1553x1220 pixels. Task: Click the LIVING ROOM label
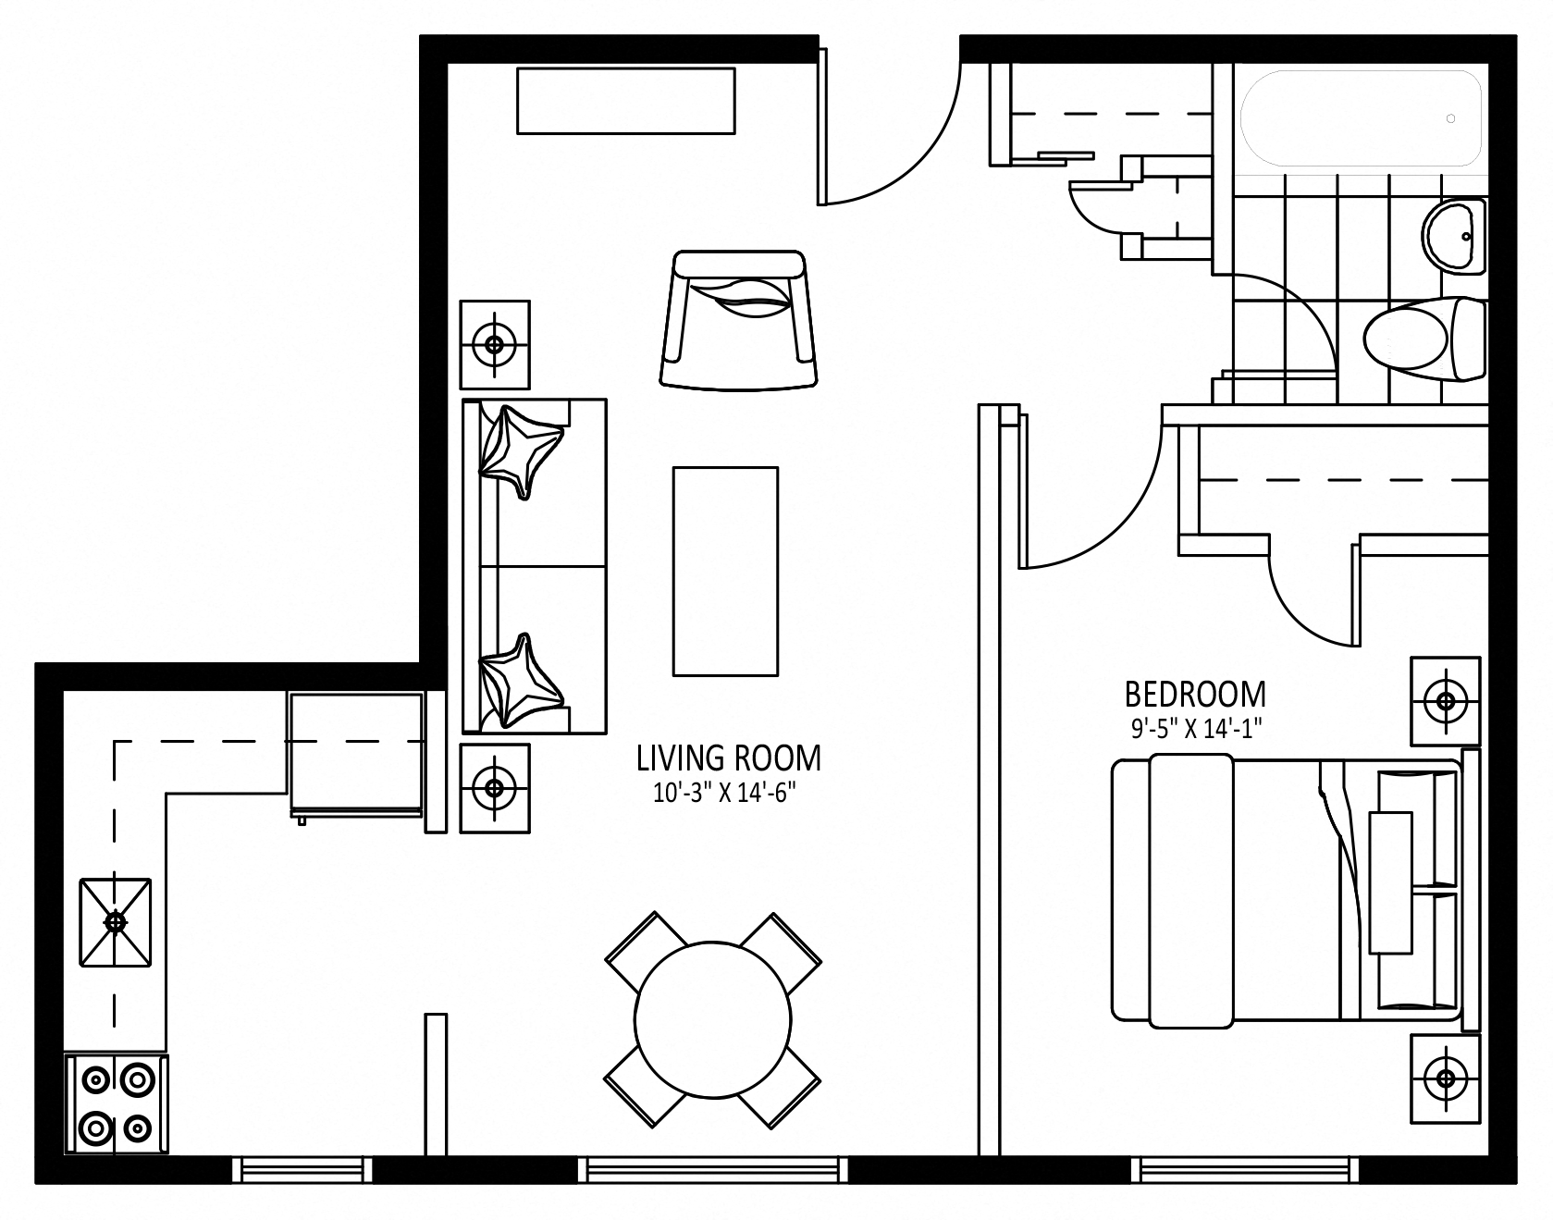(728, 758)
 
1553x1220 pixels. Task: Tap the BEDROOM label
(1195, 694)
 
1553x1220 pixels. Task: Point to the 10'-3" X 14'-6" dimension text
(724, 794)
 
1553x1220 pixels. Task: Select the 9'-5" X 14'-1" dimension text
(1196, 729)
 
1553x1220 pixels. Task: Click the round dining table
(713, 1018)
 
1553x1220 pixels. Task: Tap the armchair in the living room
(740, 318)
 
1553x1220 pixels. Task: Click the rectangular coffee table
(725, 572)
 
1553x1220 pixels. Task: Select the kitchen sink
(116, 922)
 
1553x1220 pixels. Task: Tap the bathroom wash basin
(1454, 236)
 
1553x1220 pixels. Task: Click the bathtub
(1362, 119)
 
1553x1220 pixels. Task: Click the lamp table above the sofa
(495, 344)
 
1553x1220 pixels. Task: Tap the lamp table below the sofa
(495, 788)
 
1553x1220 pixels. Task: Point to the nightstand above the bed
(1445, 700)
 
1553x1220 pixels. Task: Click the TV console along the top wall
(626, 101)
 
